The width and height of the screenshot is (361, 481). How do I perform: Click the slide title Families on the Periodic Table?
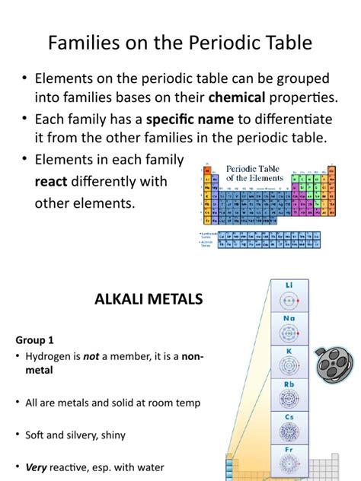coord(180,43)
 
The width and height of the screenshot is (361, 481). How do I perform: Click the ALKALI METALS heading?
coord(148,299)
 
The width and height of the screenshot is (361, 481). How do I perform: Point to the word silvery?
coord(83,435)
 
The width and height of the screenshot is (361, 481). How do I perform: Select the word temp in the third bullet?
coord(187,403)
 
